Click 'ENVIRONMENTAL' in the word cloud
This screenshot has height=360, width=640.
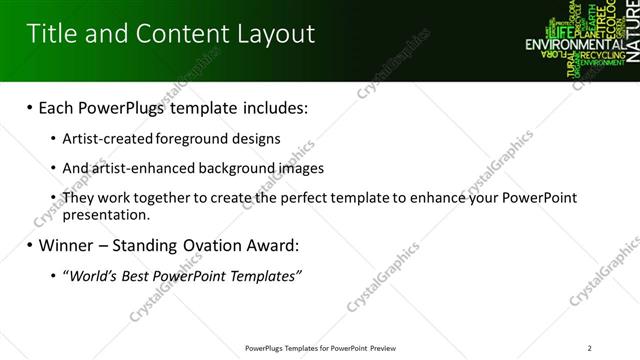tap(567, 45)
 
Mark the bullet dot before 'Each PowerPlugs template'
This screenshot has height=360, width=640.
tap(30, 107)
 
